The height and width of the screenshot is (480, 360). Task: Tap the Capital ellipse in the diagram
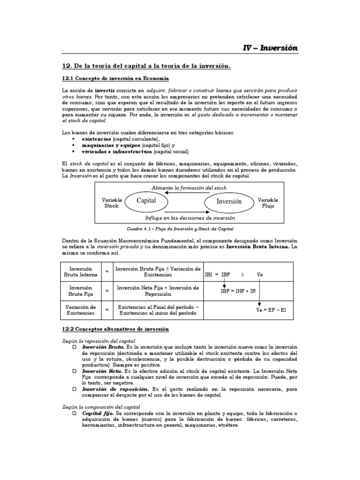pyautogui.click(x=146, y=201)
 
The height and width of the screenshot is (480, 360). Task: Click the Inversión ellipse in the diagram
pyautogui.click(x=229, y=202)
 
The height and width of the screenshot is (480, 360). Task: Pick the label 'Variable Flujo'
pyautogui.click(x=268, y=202)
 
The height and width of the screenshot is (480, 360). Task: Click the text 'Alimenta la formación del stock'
pyautogui.click(x=189, y=187)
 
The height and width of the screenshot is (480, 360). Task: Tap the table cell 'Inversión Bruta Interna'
pyautogui.click(x=81, y=272)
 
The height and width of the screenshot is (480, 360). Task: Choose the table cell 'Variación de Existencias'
pyautogui.click(x=81, y=309)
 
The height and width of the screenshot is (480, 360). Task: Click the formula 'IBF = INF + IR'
pyautogui.click(x=238, y=291)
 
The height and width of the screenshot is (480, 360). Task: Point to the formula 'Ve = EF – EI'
pyautogui.click(x=271, y=311)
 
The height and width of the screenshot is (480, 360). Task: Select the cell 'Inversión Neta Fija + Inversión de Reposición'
pyautogui.click(x=157, y=291)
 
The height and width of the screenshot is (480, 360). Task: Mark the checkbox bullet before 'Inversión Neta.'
pyautogui.click(x=75, y=370)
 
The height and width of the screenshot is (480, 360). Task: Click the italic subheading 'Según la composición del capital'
pyautogui.click(x=101, y=407)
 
